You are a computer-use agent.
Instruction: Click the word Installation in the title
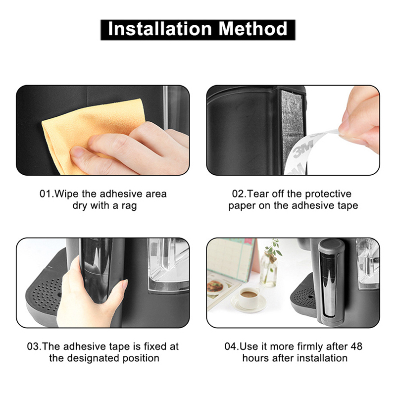point(160,29)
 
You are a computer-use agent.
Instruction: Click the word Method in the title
point(253,29)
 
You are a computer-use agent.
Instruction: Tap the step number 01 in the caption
point(46,194)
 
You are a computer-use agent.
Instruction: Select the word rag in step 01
point(129,206)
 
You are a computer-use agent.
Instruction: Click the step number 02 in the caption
point(238,194)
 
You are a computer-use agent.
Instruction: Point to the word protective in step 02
point(328,194)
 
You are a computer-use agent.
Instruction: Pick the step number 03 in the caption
point(33,346)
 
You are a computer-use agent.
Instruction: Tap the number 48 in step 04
point(356,346)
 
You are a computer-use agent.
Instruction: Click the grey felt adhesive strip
point(292,127)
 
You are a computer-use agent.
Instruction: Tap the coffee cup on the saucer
point(249,297)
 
